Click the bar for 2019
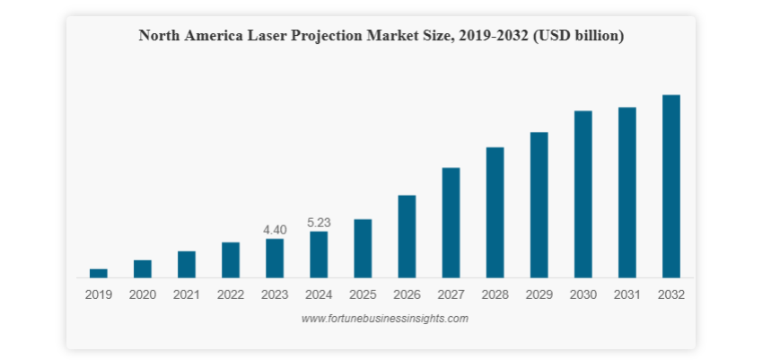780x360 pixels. (98, 273)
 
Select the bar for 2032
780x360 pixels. (670, 187)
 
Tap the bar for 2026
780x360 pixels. (407, 236)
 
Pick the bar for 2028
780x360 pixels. (495, 213)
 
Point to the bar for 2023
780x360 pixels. (275, 259)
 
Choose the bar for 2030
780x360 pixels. (583, 194)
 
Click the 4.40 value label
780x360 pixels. (275, 230)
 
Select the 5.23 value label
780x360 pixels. (319, 223)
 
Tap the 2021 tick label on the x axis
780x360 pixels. (187, 294)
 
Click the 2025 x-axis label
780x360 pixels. (363, 294)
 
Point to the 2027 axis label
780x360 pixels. (451, 294)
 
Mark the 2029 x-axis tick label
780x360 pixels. (539, 294)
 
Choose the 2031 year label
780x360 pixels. (627, 294)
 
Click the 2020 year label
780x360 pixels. (143, 294)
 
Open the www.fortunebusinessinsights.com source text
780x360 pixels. (384, 319)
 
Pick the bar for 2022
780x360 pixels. (231, 260)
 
